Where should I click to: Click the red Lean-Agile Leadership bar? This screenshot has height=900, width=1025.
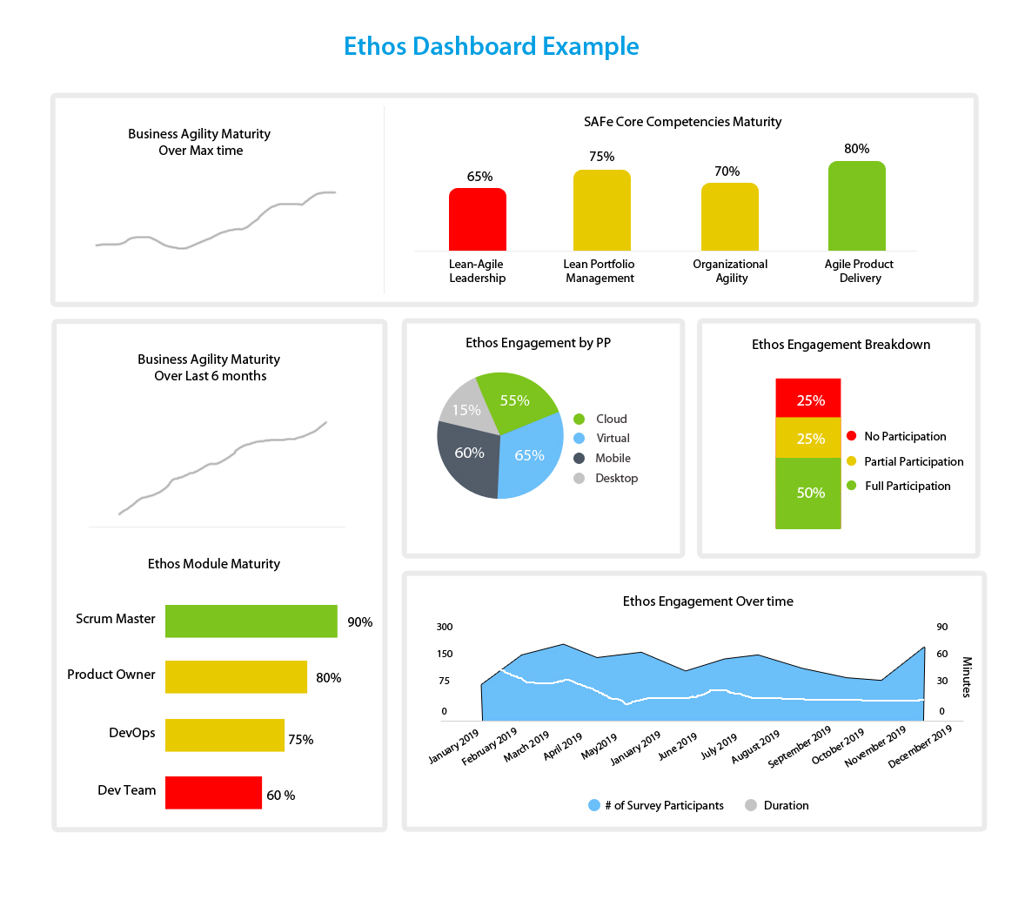click(x=477, y=219)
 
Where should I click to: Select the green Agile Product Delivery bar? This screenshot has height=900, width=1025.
click(x=856, y=206)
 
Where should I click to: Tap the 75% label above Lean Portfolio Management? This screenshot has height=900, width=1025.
click(x=601, y=157)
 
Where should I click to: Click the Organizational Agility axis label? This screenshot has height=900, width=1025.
click(x=730, y=271)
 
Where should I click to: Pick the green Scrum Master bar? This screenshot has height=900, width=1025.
click(x=251, y=621)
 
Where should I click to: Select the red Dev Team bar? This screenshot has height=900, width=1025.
click(x=213, y=793)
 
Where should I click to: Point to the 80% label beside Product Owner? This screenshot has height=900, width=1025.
click(x=329, y=678)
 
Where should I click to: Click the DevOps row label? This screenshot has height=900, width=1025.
click(x=132, y=733)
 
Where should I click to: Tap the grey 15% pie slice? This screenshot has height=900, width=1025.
click(x=466, y=406)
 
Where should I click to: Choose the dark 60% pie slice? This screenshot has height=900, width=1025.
click(x=468, y=454)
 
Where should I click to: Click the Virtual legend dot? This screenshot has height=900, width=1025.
click(x=579, y=439)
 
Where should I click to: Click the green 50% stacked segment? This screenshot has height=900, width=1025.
click(x=808, y=494)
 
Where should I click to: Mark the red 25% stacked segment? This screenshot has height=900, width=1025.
click(x=808, y=399)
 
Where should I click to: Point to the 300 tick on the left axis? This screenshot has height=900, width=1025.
click(x=445, y=627)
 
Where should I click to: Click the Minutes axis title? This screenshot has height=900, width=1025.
click(x=967, y=677)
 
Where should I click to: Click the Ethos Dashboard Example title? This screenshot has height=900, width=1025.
click(x=492, y=46)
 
